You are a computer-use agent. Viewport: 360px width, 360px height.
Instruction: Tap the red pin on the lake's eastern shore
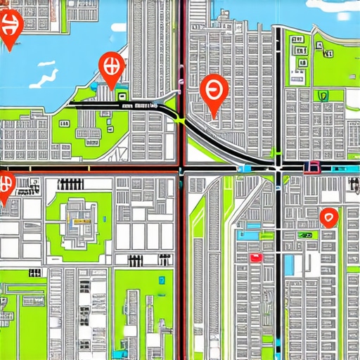pyautogui.click(x=112, y=69)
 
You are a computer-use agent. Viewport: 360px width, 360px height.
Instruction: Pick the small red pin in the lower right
pyautogui.click(x=328, y=217)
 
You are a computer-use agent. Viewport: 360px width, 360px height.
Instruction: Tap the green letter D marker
pyautogui.click(x=323, y=96)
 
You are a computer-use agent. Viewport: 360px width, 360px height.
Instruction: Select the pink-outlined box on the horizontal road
pyautogui.click(x=311, y=167)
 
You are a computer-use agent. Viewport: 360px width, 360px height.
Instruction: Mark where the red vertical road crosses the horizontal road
pyautogui.click(x=182, y=169)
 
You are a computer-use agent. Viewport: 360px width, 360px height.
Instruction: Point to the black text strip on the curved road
pyautogui.click(x=139, y=105)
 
